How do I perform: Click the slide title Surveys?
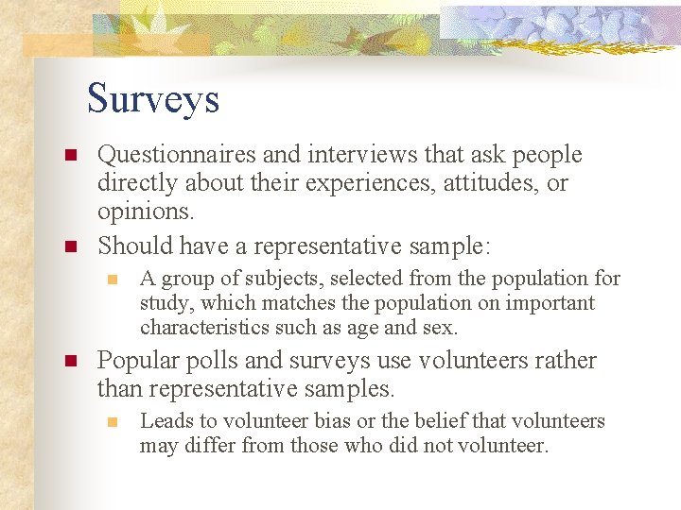[x=153, y=98]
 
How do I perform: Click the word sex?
[x=441, y=329]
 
